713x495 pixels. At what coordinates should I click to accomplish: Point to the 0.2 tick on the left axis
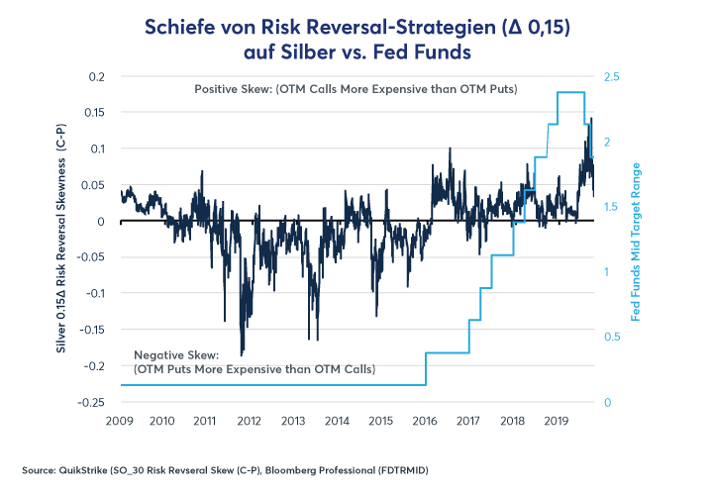point(97,76)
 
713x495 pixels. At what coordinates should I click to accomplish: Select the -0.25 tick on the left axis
point(91,402)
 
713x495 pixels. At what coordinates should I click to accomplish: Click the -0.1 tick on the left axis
point(95,294)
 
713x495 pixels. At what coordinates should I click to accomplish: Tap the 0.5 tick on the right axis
point(614,337)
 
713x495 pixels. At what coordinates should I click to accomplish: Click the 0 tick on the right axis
point(609,402)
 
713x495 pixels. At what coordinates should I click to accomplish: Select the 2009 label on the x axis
point(120,421)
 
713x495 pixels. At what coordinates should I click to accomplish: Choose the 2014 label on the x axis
point(338,421)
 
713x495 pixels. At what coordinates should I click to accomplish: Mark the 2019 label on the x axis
point(557,421)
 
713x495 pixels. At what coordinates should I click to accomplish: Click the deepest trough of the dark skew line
point(242,353)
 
